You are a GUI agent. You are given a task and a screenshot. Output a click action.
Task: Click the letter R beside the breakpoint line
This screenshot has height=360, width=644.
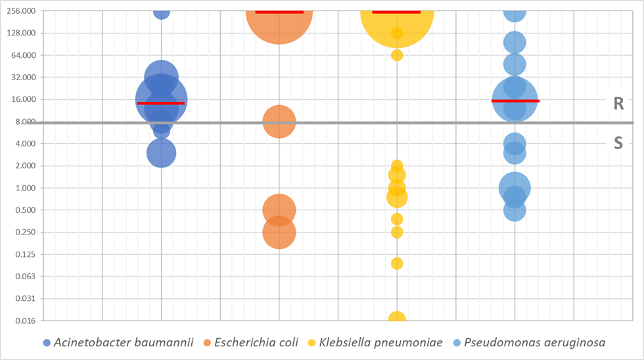coord(618,103)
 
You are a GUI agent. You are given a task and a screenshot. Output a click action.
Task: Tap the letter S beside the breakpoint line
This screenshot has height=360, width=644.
coord(618,143)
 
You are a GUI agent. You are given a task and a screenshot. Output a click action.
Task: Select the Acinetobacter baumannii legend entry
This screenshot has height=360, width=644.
coord(118,342)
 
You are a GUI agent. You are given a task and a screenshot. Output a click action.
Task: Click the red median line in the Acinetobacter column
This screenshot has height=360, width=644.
coord(160,103)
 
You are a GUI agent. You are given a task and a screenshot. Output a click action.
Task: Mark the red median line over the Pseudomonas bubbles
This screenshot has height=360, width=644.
coord(515,101)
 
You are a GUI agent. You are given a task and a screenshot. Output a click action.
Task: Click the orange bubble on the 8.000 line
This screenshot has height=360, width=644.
coord(279,122)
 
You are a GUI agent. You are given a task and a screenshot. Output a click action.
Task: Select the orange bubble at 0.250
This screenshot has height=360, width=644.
coord(279,233)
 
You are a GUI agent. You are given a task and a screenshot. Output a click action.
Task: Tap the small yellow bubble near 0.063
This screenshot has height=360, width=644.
coord(397,263)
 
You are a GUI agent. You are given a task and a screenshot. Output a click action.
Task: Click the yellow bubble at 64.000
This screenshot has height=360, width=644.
coord(397,55)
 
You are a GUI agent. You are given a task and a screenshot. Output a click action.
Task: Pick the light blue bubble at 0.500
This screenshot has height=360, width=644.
coord(515,210)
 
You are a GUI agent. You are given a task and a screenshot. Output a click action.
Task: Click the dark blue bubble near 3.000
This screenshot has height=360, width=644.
coord(161,153)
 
